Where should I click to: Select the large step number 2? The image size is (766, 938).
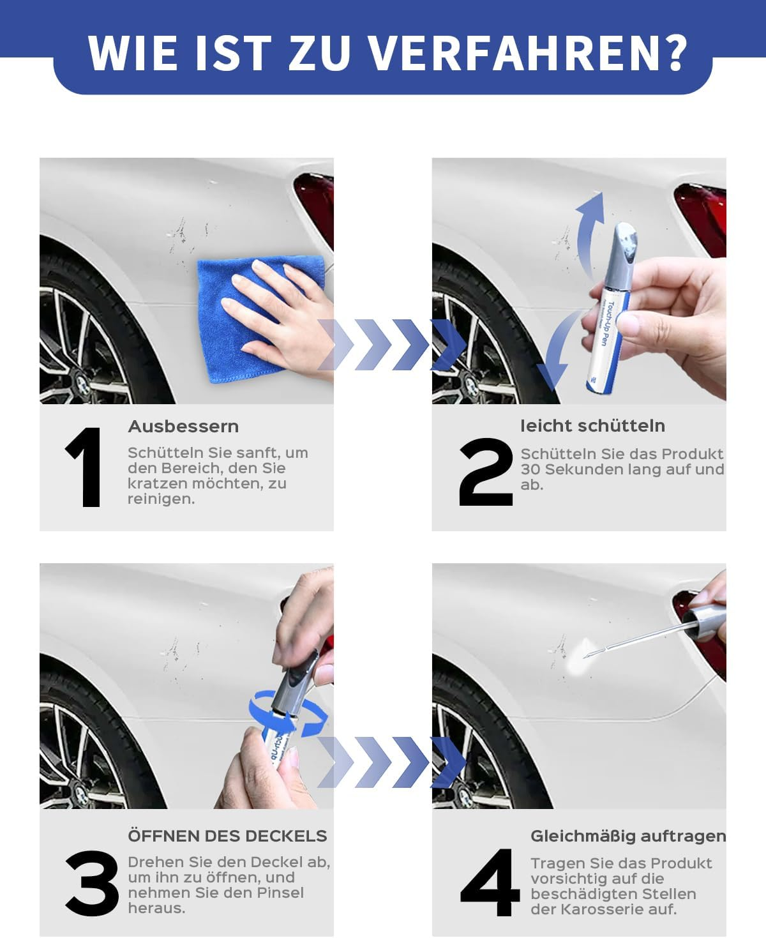pos(485,473)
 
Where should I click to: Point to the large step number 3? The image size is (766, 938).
pos(92,884)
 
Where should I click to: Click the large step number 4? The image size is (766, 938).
pos(490,884)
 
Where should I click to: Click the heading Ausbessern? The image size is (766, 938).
pos(183,427)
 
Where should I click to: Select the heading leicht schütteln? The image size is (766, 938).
pos(592,426)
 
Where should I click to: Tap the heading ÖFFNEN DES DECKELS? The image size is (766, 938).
pos(227,836)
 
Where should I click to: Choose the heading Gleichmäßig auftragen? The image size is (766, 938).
pos(628,836)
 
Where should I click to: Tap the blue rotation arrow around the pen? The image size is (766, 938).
pos(287,715)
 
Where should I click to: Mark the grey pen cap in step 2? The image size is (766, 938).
pos(623,252)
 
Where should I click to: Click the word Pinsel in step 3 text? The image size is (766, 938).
pos(280,893)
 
